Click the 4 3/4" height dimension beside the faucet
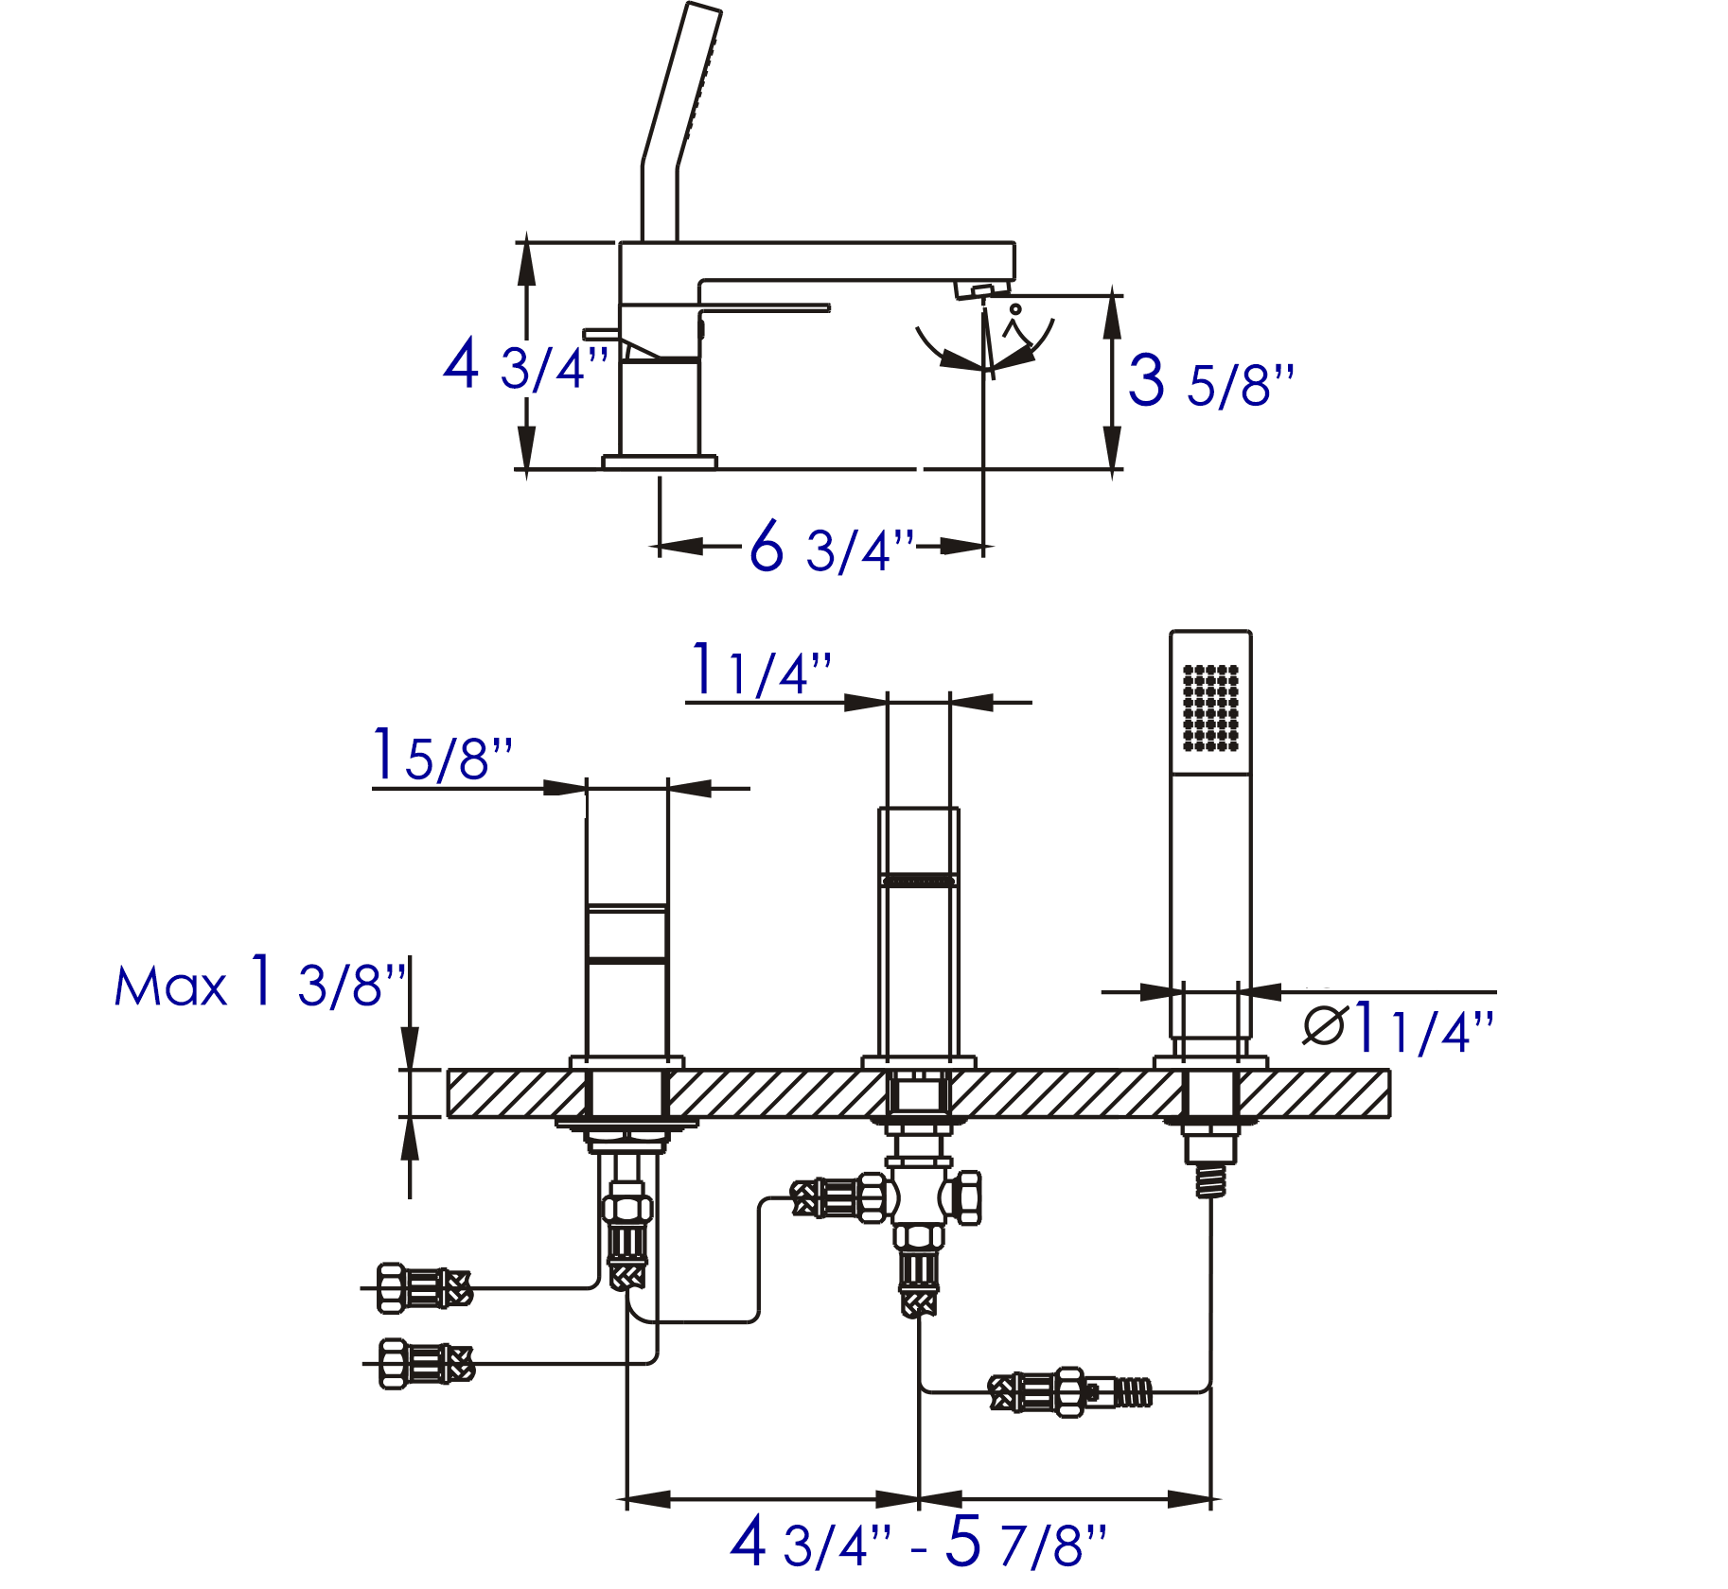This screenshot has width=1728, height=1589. [525, 367]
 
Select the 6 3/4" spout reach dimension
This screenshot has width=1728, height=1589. [831, 548]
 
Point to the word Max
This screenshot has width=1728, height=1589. [170, 987]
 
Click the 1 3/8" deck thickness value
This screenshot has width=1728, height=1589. [327, 984]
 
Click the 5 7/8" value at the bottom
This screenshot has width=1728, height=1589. [1026, 1543]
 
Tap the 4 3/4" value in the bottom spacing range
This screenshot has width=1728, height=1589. [810, 1543]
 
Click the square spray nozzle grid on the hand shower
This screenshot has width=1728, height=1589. [1210, 708]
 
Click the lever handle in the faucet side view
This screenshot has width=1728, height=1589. [765, 308]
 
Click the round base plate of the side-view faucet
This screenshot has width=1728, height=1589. [660, 462]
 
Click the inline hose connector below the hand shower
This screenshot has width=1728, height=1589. [1069, 1392]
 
